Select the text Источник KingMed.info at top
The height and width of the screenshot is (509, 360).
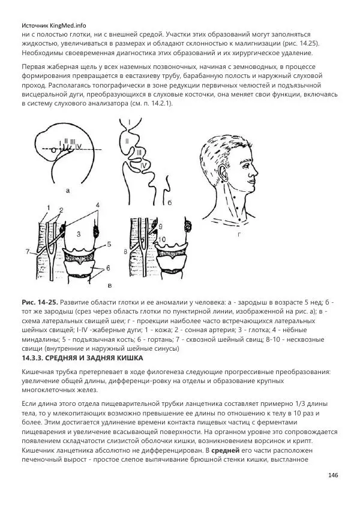click(53, 26)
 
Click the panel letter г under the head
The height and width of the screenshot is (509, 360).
click(239, 236)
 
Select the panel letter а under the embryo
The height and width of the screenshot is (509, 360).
click(68, 191)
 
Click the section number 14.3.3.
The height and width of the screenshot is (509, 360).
click(35, 358)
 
